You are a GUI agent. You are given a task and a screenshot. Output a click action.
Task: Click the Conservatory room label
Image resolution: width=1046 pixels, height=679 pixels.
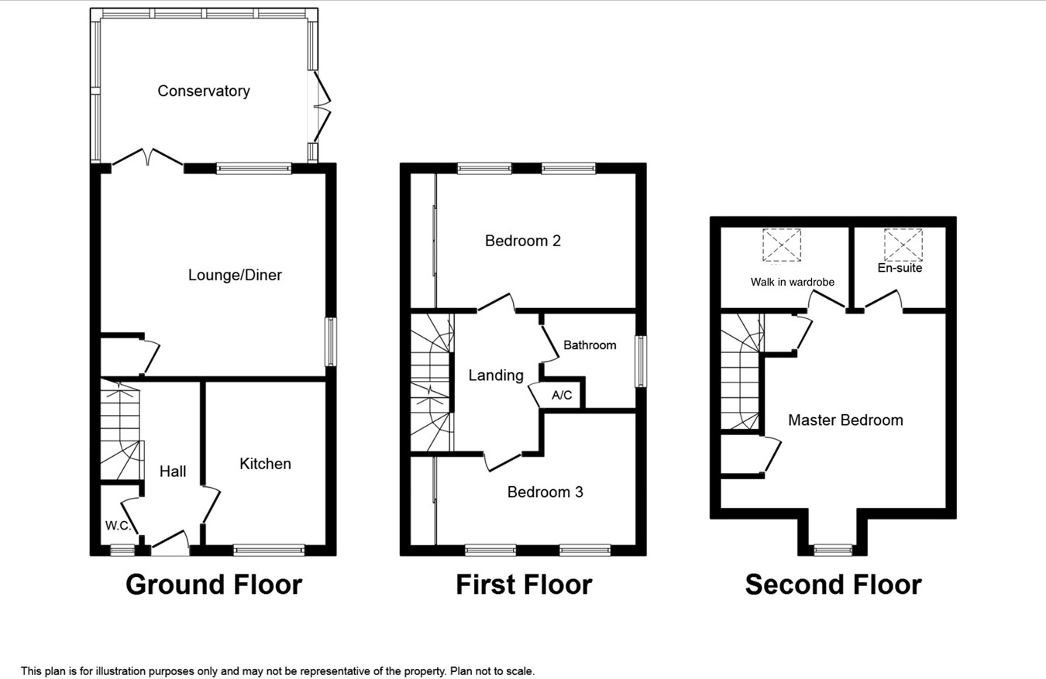(x=204, y=91)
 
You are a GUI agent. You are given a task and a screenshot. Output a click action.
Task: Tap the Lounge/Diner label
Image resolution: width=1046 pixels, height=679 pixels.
(x=235, y=275)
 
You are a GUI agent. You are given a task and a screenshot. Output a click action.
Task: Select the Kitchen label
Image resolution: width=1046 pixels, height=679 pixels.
(x=265, y=464)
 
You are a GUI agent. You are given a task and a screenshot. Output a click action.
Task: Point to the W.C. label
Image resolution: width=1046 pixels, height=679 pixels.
(x=117, y=526)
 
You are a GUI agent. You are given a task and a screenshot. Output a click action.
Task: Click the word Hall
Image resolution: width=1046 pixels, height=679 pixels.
(x=173, y=471)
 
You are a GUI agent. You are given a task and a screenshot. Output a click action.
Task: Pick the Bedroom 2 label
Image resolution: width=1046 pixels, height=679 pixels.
(x=523, y=241)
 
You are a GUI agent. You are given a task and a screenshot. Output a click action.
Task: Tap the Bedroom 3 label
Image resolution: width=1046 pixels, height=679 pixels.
(x=545, y=492)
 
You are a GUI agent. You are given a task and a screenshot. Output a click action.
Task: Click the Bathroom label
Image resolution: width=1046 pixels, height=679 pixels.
(x=590, y=345)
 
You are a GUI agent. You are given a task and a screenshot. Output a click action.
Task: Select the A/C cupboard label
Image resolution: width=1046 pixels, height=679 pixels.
(x=562, y=395)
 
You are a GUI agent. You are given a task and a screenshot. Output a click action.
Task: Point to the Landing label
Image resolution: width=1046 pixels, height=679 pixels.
(x=496, y=376)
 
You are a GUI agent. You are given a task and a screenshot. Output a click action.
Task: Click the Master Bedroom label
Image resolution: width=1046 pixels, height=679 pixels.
(x=845, y=420)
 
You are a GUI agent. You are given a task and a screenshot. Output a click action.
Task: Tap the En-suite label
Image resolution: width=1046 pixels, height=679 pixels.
(x=900, y=268)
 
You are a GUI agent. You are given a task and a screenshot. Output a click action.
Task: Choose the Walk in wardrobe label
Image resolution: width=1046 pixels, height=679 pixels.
(x=793, y=282)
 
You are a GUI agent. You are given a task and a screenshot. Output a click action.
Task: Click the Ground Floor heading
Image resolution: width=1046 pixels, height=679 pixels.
(x=214, y=585)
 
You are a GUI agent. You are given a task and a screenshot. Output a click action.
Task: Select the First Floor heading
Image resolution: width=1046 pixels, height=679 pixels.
(x=524, y=585)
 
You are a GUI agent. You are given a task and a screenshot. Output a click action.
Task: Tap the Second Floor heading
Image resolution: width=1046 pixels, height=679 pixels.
(x=833, y=585)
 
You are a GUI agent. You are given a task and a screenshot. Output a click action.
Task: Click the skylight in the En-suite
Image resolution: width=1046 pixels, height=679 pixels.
(x=903, y=245)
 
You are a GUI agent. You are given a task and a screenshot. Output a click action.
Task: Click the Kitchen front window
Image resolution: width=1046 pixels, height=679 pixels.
(x=269, y=550)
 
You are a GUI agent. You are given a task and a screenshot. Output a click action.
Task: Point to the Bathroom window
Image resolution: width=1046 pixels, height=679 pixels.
(x=641, y=361)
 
